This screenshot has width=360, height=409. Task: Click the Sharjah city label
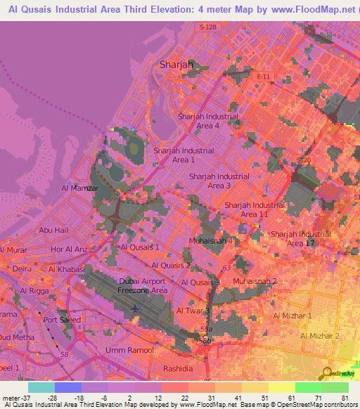pos(176,64)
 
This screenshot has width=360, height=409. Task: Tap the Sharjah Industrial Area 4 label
pos(208,121)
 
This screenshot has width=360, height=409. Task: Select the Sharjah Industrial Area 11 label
pos(255,209)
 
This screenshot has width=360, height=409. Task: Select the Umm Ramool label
pos(129,350)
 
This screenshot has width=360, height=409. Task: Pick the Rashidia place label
pos(178,368)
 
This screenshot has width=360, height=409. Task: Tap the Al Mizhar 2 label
pos(320,337)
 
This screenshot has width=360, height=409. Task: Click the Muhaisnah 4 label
pos(211,241)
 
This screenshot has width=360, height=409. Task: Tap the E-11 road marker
pos(264,76)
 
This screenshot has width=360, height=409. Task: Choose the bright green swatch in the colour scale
pos(309,387)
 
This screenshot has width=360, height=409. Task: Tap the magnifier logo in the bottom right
pos(327,372)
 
